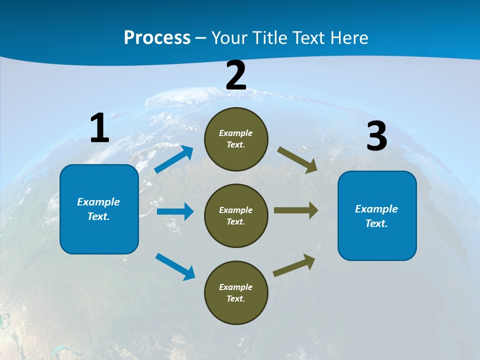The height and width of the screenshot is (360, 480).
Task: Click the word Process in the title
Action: pos(157,37)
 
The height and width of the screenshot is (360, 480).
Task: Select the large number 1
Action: pos(99,128)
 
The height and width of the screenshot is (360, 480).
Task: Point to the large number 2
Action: pos(236,75)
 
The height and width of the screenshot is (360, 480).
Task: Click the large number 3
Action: pos(376,136)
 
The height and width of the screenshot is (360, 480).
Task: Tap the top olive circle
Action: pos(236,139)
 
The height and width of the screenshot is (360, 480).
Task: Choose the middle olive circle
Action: pos(236,215)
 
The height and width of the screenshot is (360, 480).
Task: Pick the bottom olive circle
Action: pos(236,292)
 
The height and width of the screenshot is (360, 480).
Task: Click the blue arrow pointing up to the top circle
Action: pos(174,159)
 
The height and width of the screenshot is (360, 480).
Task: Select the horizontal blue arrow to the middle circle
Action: pos(175,211)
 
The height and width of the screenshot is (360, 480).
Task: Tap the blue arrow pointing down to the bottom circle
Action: pos(175,266)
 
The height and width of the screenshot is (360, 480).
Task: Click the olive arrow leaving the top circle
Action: pos(297,159)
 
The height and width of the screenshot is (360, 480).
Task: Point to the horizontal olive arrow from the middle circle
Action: pos(296,210)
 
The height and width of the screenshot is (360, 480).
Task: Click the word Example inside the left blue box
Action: pos(98,202)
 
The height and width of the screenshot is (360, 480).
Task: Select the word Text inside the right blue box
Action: pos(375,223)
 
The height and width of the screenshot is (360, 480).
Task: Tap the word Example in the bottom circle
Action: pos(235,287)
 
